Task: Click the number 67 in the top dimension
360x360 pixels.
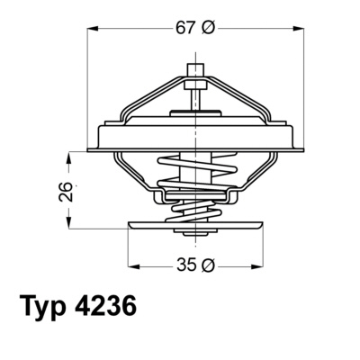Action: click(x=185, y=28)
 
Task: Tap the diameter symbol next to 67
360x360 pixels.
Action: click(x=209, y=28)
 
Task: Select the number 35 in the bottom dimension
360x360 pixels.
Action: click(x=185, y=265)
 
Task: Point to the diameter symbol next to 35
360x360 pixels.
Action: click(x=209, y=265)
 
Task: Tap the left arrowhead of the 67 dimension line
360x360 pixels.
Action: click(x=93, y=28)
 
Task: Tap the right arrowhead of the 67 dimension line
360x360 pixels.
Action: click(x=300, y=28)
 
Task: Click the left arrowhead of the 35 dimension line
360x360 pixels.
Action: click(x=133, y=265)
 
